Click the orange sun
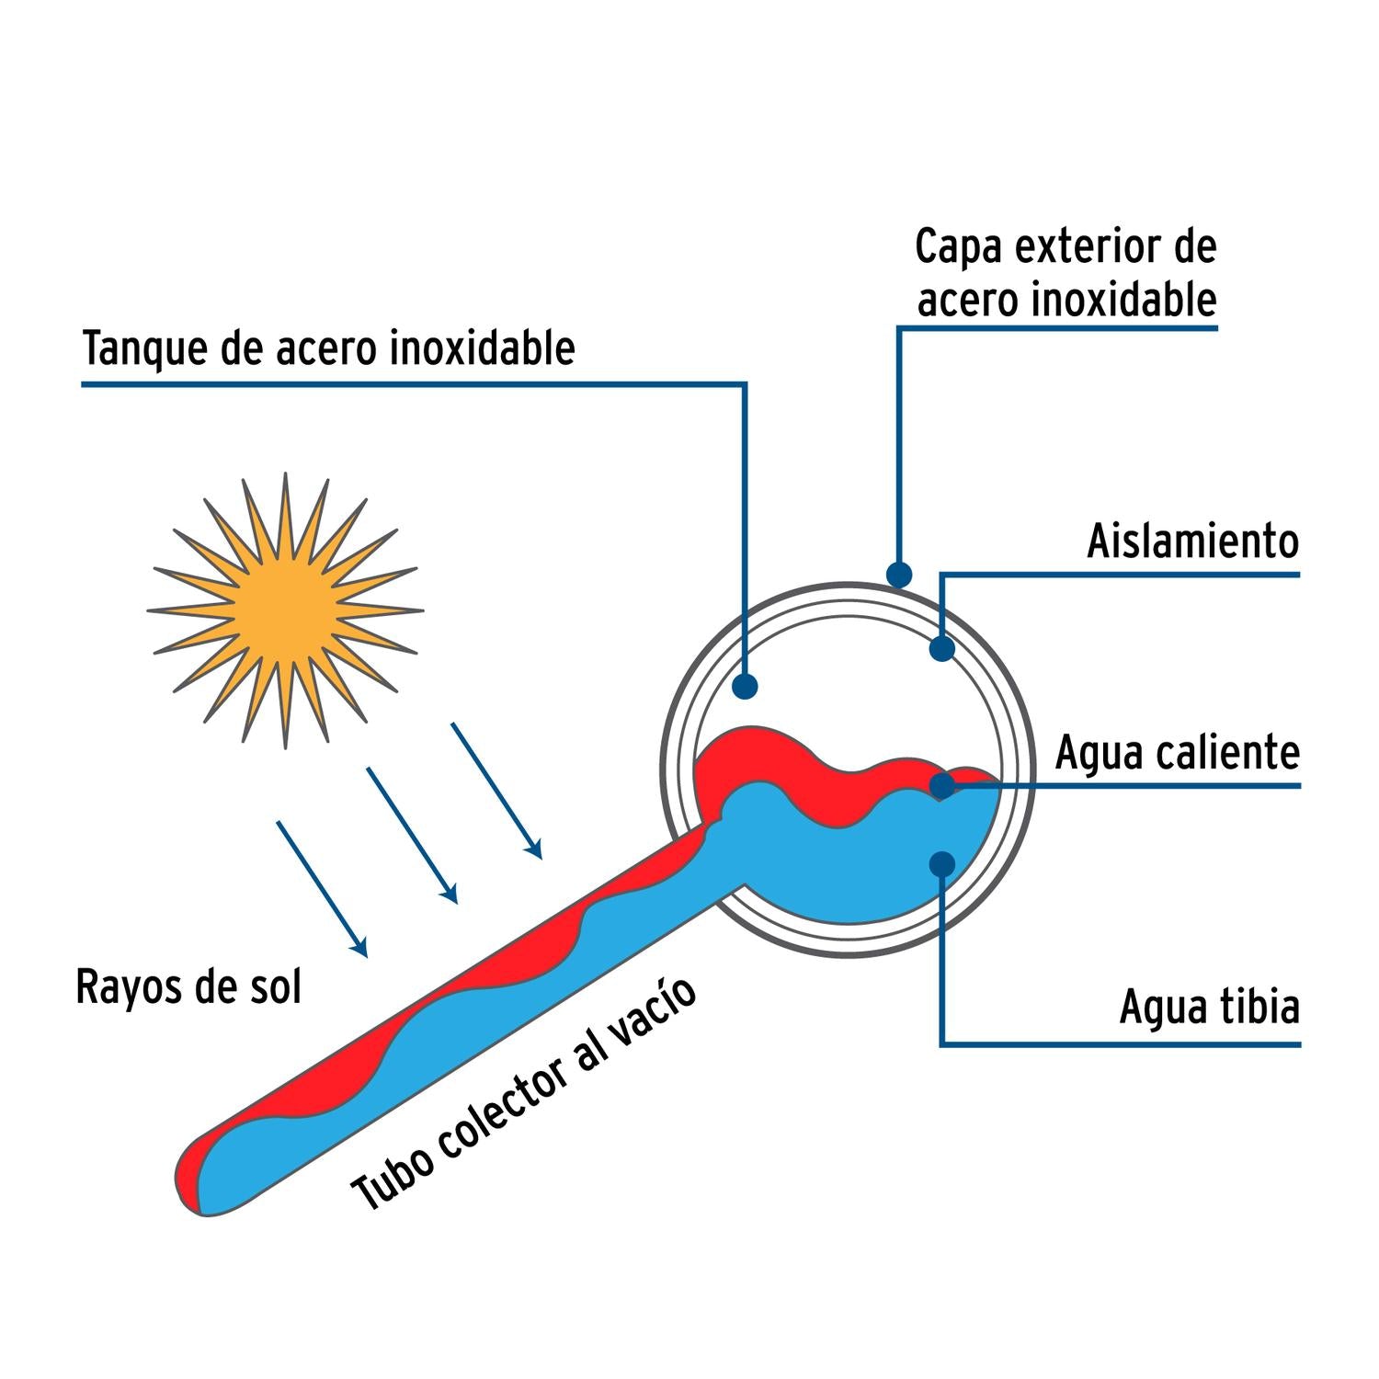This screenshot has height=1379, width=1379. (x=284, y=608)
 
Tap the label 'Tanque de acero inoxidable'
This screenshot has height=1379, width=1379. (x=328, y=348)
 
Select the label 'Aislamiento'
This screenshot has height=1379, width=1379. (x=1192, y=541)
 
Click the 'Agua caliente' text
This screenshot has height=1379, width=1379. (x=1177, y=753)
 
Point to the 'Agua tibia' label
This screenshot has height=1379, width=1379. (x=1209, y=1008)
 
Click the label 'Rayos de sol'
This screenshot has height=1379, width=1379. (x=188, y=987)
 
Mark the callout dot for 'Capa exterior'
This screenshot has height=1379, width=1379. (x=899, y=576)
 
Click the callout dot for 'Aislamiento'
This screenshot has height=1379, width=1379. (x=941, y=648)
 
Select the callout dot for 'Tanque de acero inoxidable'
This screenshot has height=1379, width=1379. (x=745, y=686)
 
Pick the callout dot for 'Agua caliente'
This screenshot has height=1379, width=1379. (x=941, y=786)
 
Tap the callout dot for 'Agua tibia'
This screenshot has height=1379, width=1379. (x=941, y=863)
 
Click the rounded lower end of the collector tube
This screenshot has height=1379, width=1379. (x=198, y=1181)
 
